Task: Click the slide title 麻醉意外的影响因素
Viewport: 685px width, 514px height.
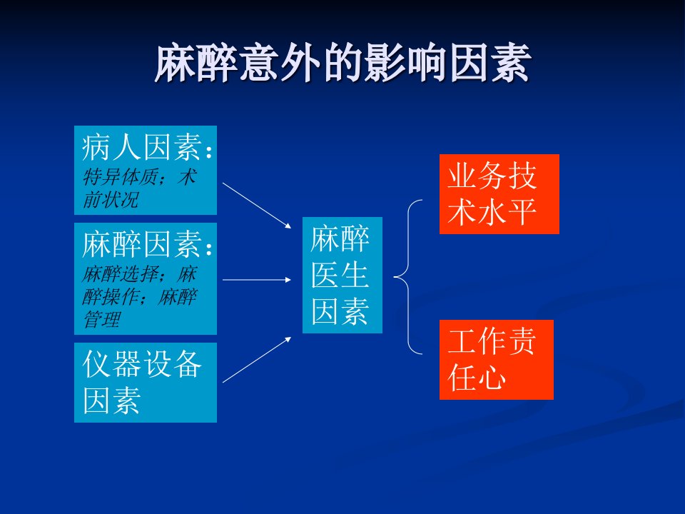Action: [342, 63]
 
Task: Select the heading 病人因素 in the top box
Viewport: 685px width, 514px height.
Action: [142, 147]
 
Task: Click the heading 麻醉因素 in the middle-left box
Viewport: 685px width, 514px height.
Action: [142, 244]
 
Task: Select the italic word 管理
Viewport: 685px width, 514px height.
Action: [101, 319]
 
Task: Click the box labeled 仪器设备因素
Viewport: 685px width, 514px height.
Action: [146, 383]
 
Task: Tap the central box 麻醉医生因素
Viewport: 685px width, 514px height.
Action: [342, 275]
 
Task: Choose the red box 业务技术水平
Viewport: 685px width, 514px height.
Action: [499, 194]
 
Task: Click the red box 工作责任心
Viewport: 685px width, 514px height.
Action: [497, 360]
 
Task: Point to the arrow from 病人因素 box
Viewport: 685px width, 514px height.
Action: [257, 206]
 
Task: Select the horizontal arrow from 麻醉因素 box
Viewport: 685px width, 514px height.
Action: [257, 279]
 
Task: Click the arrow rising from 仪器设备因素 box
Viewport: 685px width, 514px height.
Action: [257, 360]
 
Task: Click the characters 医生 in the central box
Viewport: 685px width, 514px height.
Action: [340, 275]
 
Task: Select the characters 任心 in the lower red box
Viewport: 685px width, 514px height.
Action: [477, 378]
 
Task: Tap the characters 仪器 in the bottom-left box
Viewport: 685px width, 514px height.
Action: [112, 363]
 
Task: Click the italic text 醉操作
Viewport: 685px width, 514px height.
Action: [111, 297]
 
